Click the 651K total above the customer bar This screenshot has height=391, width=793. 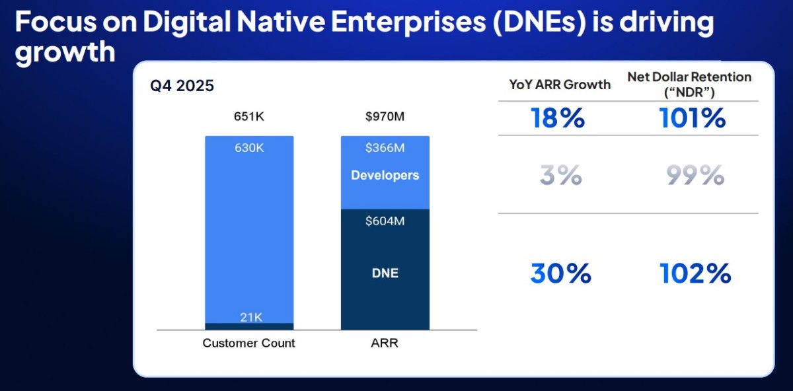click(x=249, y=116)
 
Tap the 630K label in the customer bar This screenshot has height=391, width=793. click(x=249, y=147)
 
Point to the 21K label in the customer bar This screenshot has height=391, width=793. click(x=251, y=318)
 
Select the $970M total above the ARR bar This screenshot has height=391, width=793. click(x=385, y=116)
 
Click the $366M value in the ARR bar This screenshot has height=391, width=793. click(x=385, y=147)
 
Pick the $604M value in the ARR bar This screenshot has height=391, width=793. click(x=385, y=221)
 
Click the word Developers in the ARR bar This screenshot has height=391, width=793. click(x=385, y=175)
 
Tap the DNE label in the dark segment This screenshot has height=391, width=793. click(x=385, y=273)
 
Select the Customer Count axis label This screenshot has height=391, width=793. click(x=248, y=343)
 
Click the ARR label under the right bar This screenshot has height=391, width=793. click(x=385, y=343)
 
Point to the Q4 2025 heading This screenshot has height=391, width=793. click(x=182, y=86)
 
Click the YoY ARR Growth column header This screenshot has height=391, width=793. click(x=560, y=85)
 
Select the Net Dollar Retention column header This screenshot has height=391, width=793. click(x=689, y=85)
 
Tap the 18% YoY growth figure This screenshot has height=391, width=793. click(x=558, y=118)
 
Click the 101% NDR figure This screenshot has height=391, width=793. click(x=692, y=118)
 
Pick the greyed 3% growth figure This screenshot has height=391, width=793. click(x=561, y=175)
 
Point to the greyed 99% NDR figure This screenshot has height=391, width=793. click(x=695, y=175)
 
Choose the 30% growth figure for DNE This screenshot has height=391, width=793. click(x=561, y=273)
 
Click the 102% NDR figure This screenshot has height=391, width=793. click(x=695, y=273)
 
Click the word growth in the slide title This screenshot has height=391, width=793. click(x=65, y=52)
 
